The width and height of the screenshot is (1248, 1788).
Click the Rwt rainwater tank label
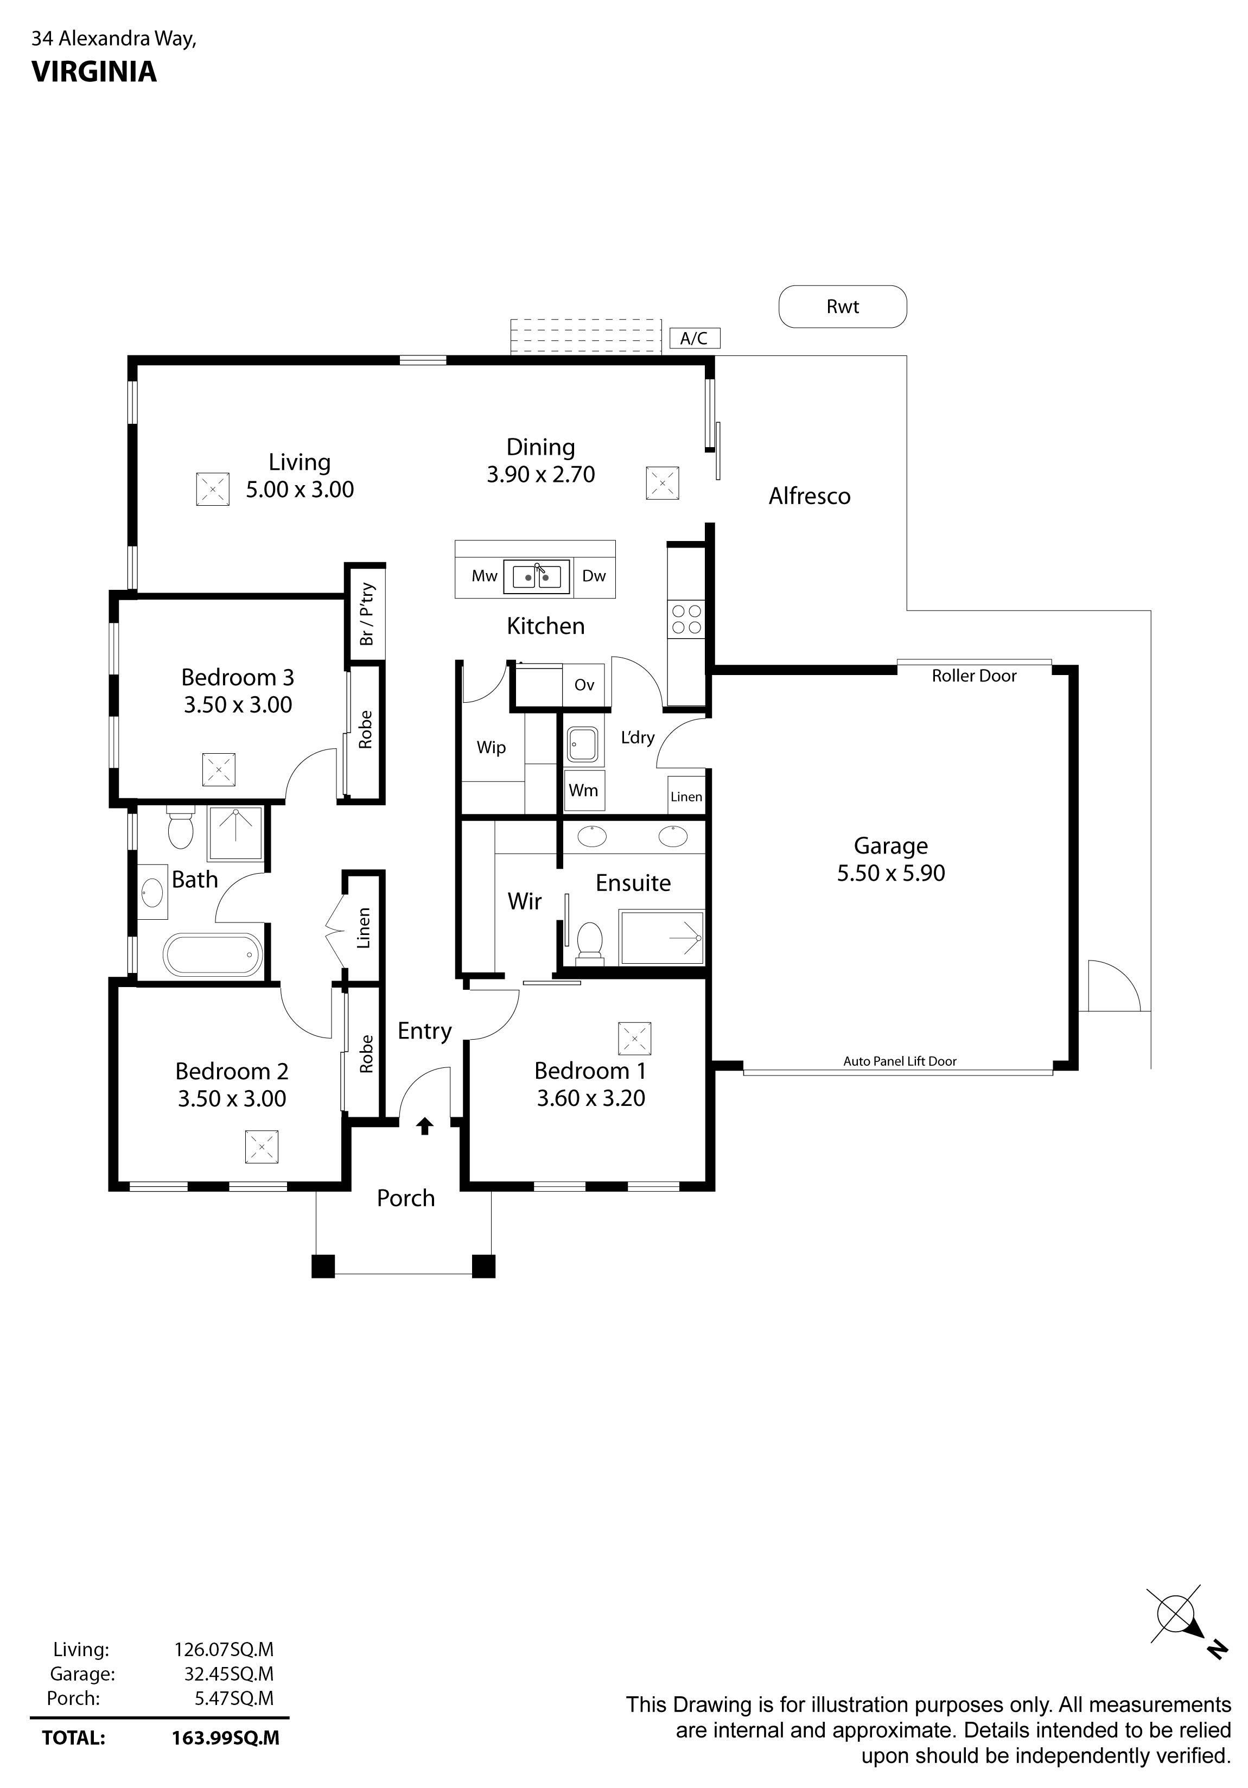(842, 307)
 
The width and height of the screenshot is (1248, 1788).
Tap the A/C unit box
(695, 338)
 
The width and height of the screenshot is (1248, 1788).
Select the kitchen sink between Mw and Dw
(537, 577)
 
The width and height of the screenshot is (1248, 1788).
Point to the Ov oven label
(584, 685)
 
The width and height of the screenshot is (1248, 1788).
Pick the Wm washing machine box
(583, 791)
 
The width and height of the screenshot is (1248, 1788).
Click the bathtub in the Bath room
(213, 954)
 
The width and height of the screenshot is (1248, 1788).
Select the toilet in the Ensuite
(590, 943)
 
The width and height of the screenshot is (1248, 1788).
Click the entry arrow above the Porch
(424, 1126)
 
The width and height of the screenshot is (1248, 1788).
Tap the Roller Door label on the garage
(974, 676)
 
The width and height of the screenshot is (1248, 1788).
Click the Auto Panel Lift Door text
(900, 1061)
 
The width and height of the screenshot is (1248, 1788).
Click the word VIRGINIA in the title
(94, 72)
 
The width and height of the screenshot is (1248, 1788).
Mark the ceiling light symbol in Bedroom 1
(634, 1038)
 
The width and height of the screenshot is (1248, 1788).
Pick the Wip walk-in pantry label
(491, 748)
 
